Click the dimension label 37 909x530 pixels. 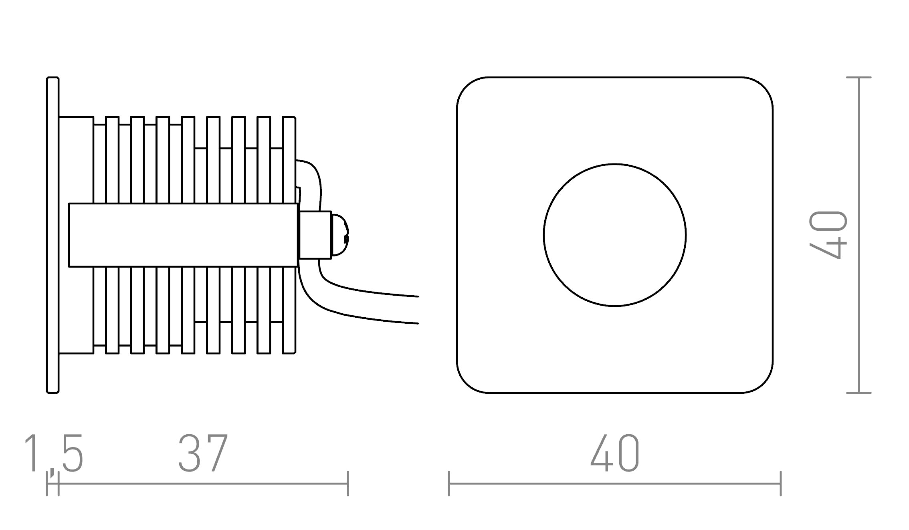(203, 453)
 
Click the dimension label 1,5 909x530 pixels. (54, 453)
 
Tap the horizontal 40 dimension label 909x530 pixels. (615, 453)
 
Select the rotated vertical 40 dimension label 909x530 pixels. (828, 235)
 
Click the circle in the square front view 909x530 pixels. (615, 235)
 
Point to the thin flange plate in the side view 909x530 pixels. (53, 235)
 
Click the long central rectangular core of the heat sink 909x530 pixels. (183, 235)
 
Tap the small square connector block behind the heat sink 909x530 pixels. (315, 235)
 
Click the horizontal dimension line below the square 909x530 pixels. (615, 484)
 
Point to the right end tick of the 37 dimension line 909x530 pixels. (348, 484)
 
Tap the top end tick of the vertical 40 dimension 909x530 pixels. (859, 77)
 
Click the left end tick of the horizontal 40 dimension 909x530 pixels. (449, 484)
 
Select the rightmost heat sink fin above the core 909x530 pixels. (289, 160)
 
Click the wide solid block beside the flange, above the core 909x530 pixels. (76, 160)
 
